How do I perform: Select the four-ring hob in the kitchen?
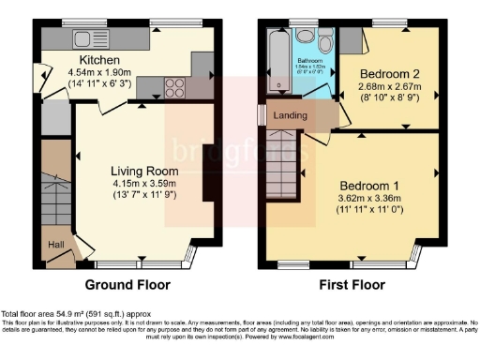[174, 87]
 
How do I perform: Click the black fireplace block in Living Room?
[206, 172]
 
